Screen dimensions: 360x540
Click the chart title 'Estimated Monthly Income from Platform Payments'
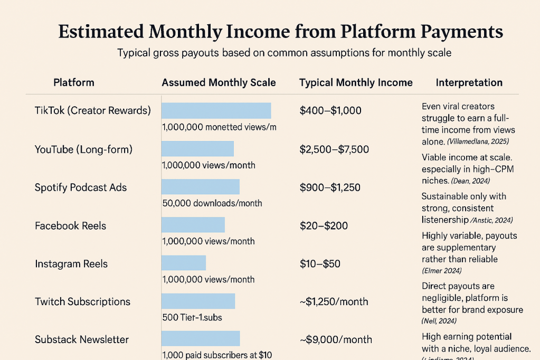coord(280,32)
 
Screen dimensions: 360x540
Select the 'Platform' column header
coord(74,82)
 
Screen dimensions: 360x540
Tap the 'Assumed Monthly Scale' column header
coord(219,82)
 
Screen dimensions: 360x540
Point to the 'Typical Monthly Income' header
coord(356,82)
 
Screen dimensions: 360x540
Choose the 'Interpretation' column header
coord(469,82)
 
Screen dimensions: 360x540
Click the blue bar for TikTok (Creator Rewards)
coord(216,110)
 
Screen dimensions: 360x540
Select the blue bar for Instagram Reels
coord(183,263)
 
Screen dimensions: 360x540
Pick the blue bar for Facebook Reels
coord(193,225)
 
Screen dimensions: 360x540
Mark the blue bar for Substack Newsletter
coord(200,339)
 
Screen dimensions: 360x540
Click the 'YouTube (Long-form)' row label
coord(83,149)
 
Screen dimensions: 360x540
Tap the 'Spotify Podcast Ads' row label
coord(81,187)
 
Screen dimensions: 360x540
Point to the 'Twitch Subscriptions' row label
coord(82,301)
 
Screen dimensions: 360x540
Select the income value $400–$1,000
coord(330,111)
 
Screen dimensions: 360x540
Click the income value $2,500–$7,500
coord(334,149)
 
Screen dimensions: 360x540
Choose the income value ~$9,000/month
coord(336,339)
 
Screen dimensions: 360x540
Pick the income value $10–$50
coord(320,263)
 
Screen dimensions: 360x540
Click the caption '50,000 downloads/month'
coord(212,203)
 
